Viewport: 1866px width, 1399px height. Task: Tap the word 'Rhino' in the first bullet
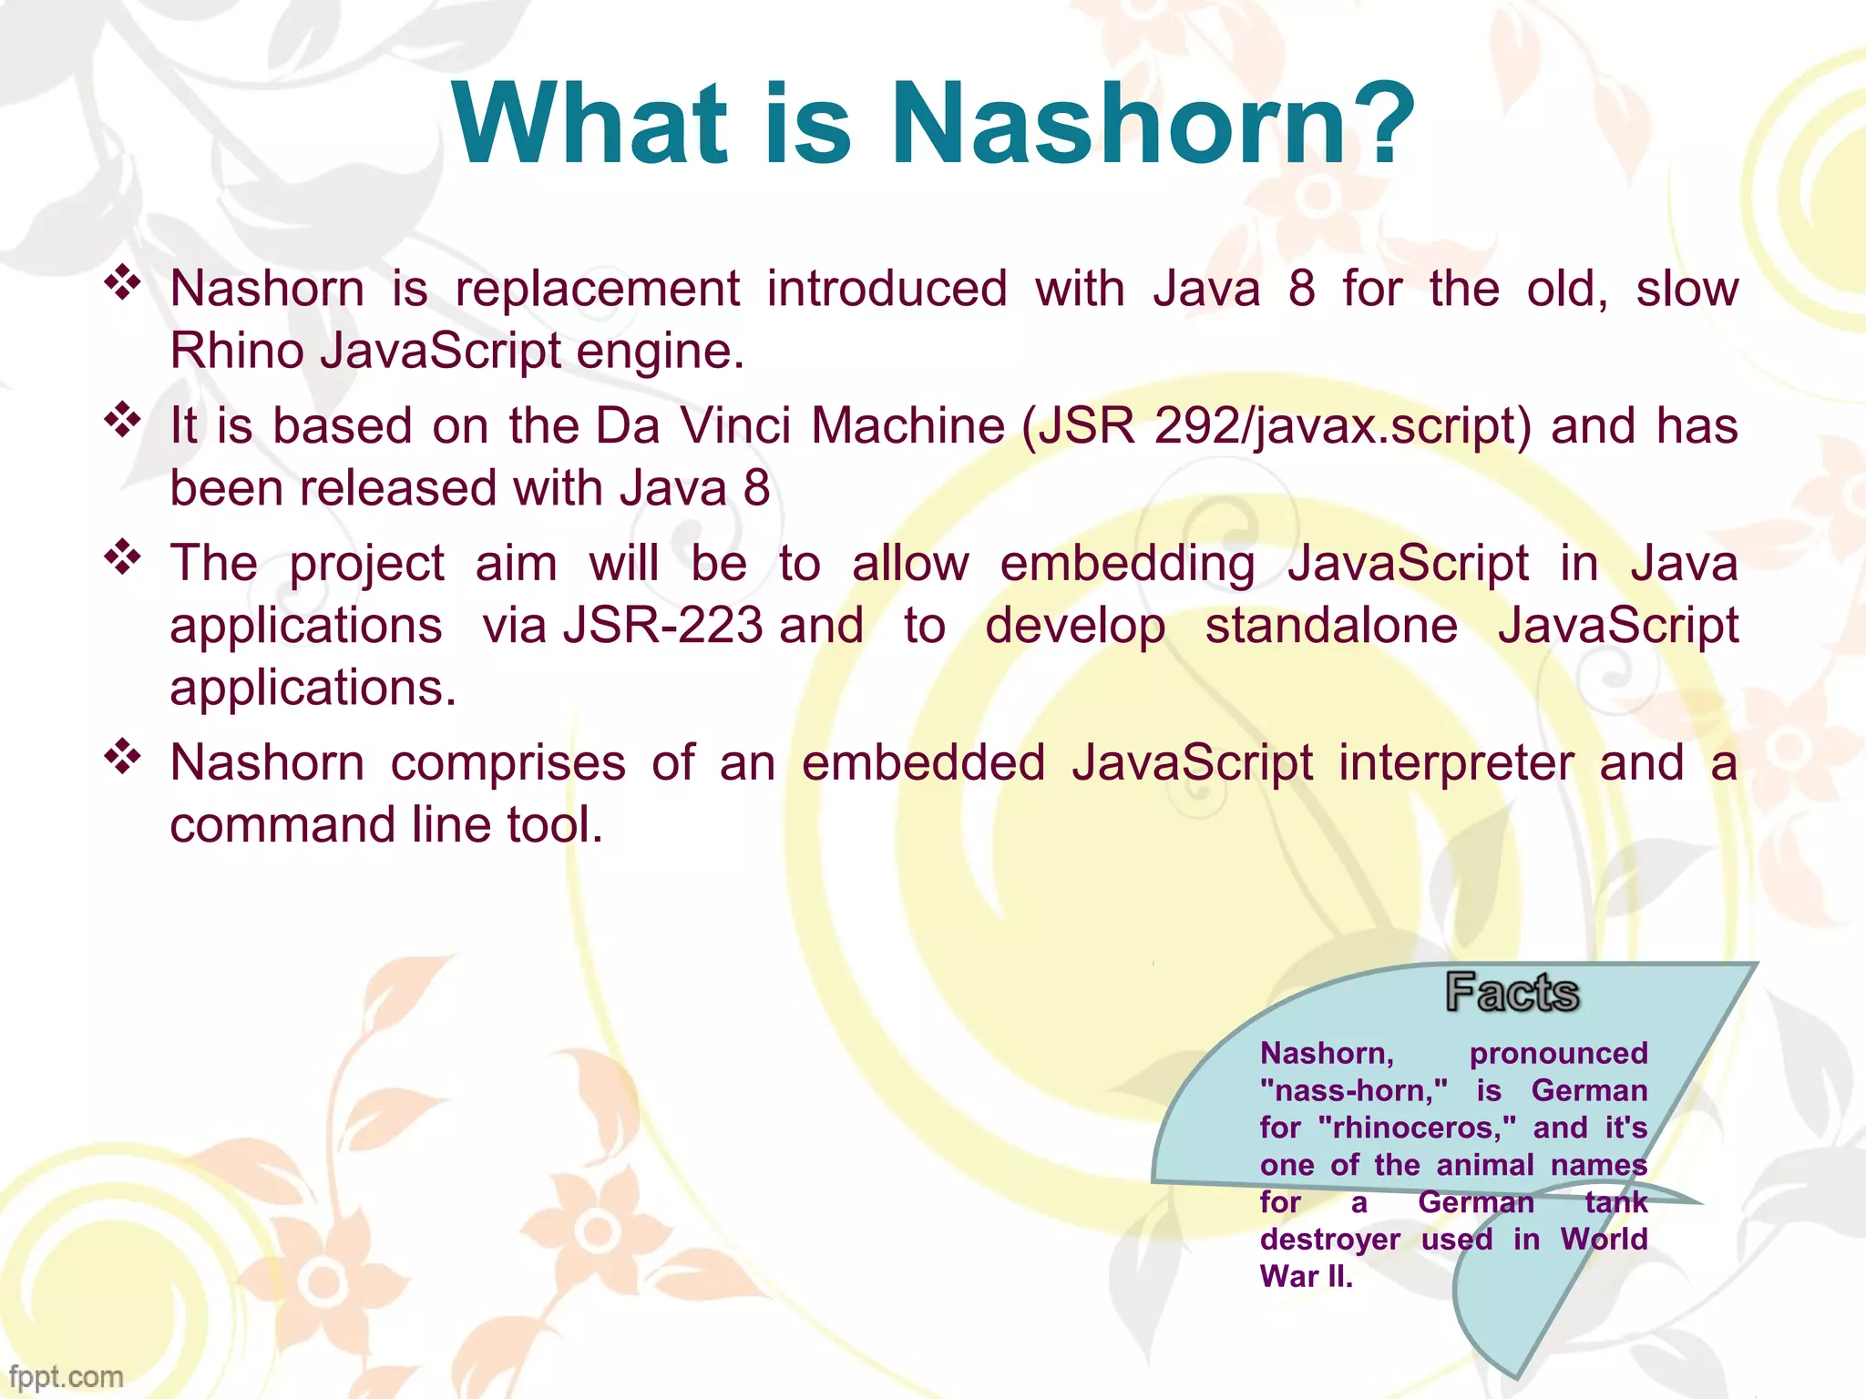pyautogui.click(x=237, y=352)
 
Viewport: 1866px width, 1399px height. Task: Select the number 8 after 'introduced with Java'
pyautogui.click(x=1301, y=290)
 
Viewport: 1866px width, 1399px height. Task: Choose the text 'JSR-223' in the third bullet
pyautogui.click(x=662, y=627)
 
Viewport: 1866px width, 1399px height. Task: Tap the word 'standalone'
pyautogui.click(x=1331, y=627)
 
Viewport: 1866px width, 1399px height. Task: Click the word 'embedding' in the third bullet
pyautogui.click(x=1128, y=564)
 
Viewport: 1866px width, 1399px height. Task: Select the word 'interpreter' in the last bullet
pyautogui.click(x=1456, y=763)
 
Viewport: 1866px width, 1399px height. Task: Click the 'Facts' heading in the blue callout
pyautogui.click(x=1512, y=993)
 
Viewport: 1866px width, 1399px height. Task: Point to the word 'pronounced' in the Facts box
pyautogui.click(x=1558, y=1054)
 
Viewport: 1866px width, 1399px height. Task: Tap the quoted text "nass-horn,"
pyautogui.click(x=1354, y=1091)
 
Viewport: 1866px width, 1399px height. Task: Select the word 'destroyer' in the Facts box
pyautogui.click(x=1330, y=1240)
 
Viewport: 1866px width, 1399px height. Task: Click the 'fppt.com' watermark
pyautogui.click(x=66, y=1376)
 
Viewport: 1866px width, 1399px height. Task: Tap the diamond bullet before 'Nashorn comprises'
pyautogui.click(x=122, y=756)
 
